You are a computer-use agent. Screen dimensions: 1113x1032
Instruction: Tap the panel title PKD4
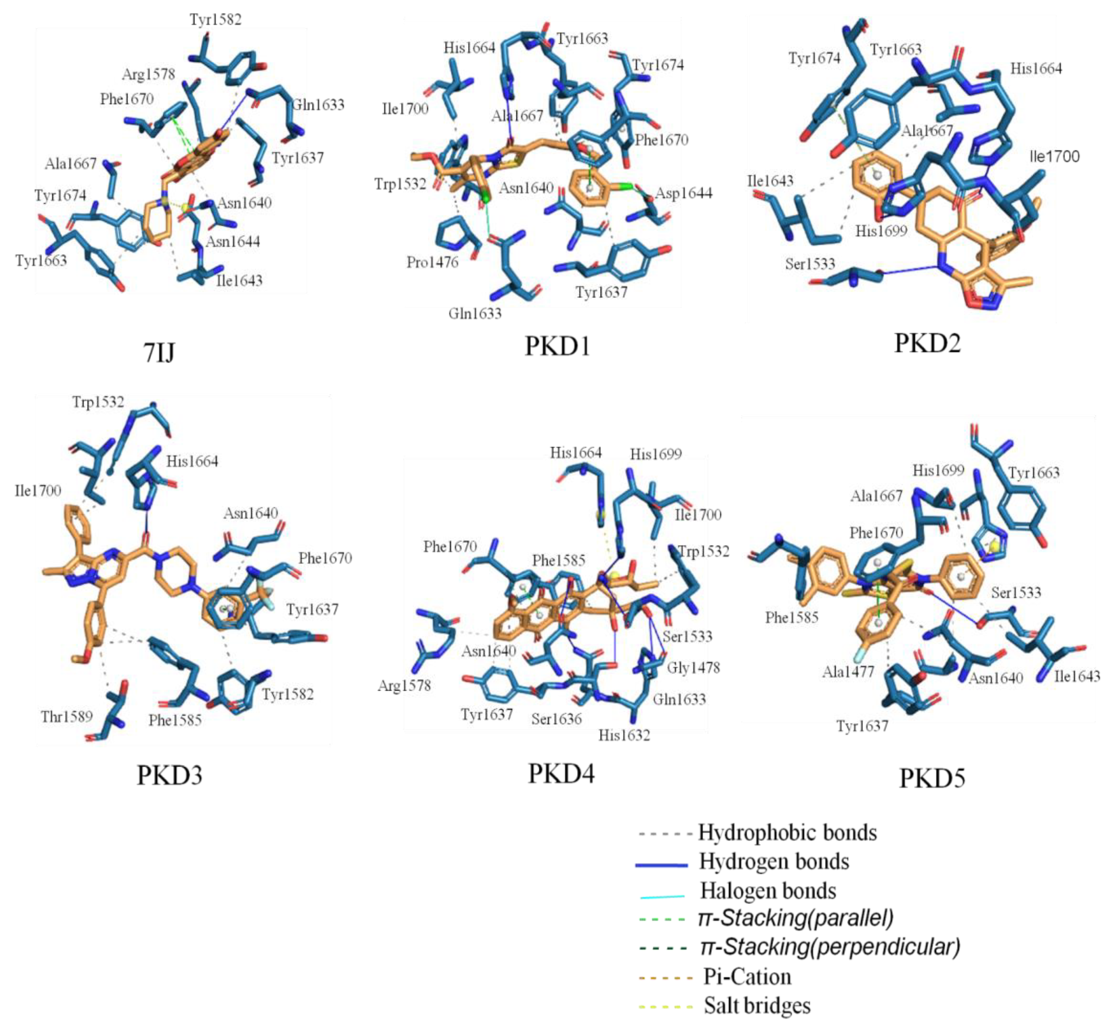[561, 773]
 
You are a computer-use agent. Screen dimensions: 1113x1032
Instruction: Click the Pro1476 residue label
[432, 262]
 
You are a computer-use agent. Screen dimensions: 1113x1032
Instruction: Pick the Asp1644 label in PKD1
[684, 193]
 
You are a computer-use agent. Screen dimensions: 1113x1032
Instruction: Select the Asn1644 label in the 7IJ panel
[233, 241]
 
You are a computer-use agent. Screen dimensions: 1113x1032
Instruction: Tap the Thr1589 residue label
[66, 716]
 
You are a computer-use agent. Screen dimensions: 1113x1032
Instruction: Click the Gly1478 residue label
[693, 667]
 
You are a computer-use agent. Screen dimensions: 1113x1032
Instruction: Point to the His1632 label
[624, 735]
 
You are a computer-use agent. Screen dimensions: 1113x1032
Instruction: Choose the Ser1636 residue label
[556, 719]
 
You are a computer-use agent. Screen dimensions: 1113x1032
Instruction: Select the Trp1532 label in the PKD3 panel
[98, 402]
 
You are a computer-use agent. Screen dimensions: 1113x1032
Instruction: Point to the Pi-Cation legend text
[747, 977]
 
